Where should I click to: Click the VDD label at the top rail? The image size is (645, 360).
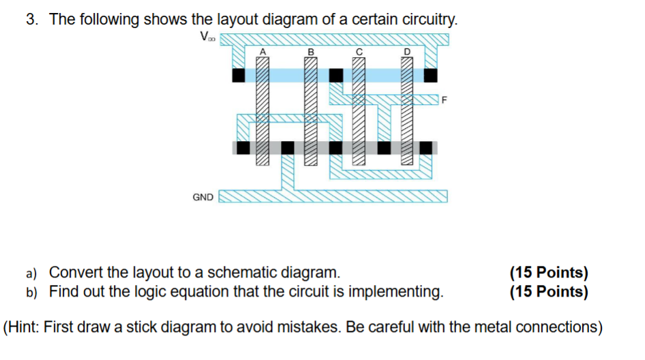pyautogui.click(x=207, y=37)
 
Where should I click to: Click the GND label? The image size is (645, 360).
pyautogui.click(x=202, y=198)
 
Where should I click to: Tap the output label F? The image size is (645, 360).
pyautogui.click(x=445, y=101)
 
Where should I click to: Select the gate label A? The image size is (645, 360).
pyautogui.click(x=262, y=51)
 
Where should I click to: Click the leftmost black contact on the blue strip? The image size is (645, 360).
pyautogui.click(x=238, y=74)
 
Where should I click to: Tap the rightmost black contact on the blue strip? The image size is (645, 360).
pyautogui.click(x=430, y=74)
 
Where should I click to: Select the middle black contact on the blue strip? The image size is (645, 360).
pyautogui.click(x=335, y=74)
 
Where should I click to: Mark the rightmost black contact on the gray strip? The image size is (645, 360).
pyautogui.click(x=426, y=147)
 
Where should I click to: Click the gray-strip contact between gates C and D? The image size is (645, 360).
pyautogui.click(x=385, y=147)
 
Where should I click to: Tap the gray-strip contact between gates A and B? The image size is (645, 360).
pyautogui.click(x=288, y=147)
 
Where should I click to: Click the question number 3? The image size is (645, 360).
pyautogui.click(x=31, y=20)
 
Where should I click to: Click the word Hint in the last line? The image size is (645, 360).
pyautogui.click(x=25, y=327)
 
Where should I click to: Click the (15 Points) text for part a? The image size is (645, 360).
pyautogui.click(x=549, y=273)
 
